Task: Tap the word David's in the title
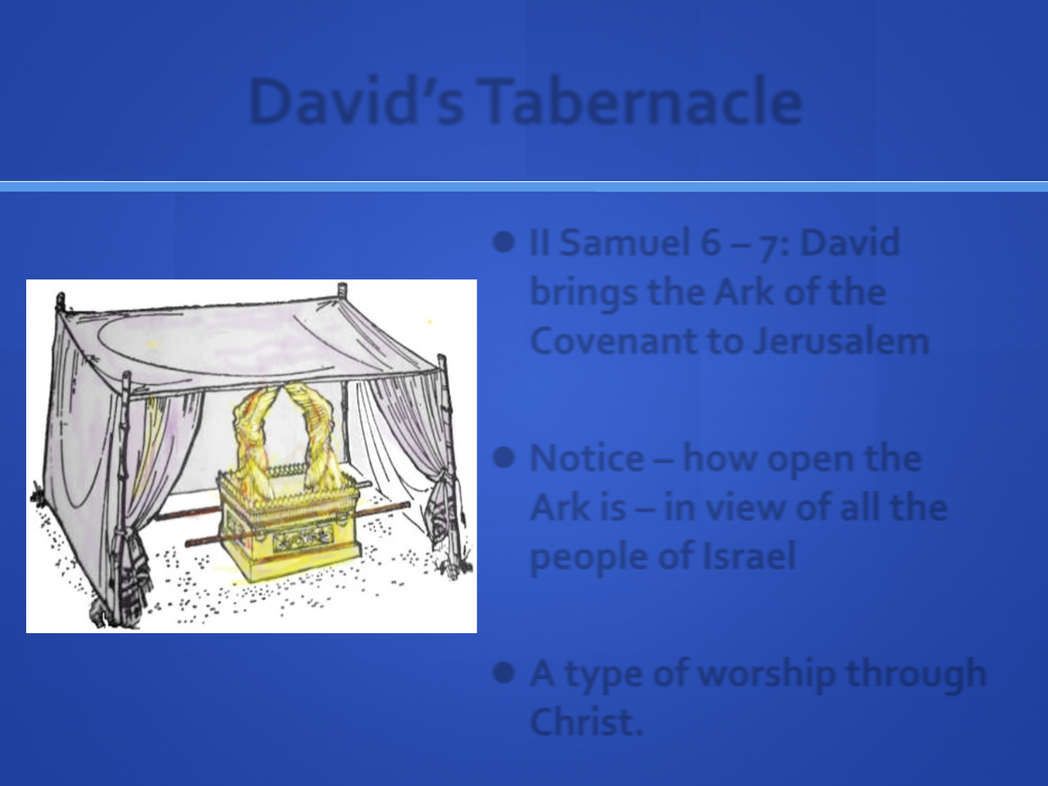point(357,101)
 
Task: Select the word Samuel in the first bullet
point(625,242)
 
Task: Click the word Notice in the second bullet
point(587,458)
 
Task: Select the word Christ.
point(587,721)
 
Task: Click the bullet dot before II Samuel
point(504,242)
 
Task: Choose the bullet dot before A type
point(504,673)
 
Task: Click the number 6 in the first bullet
point(710,242)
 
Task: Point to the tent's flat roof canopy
point(248,344)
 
